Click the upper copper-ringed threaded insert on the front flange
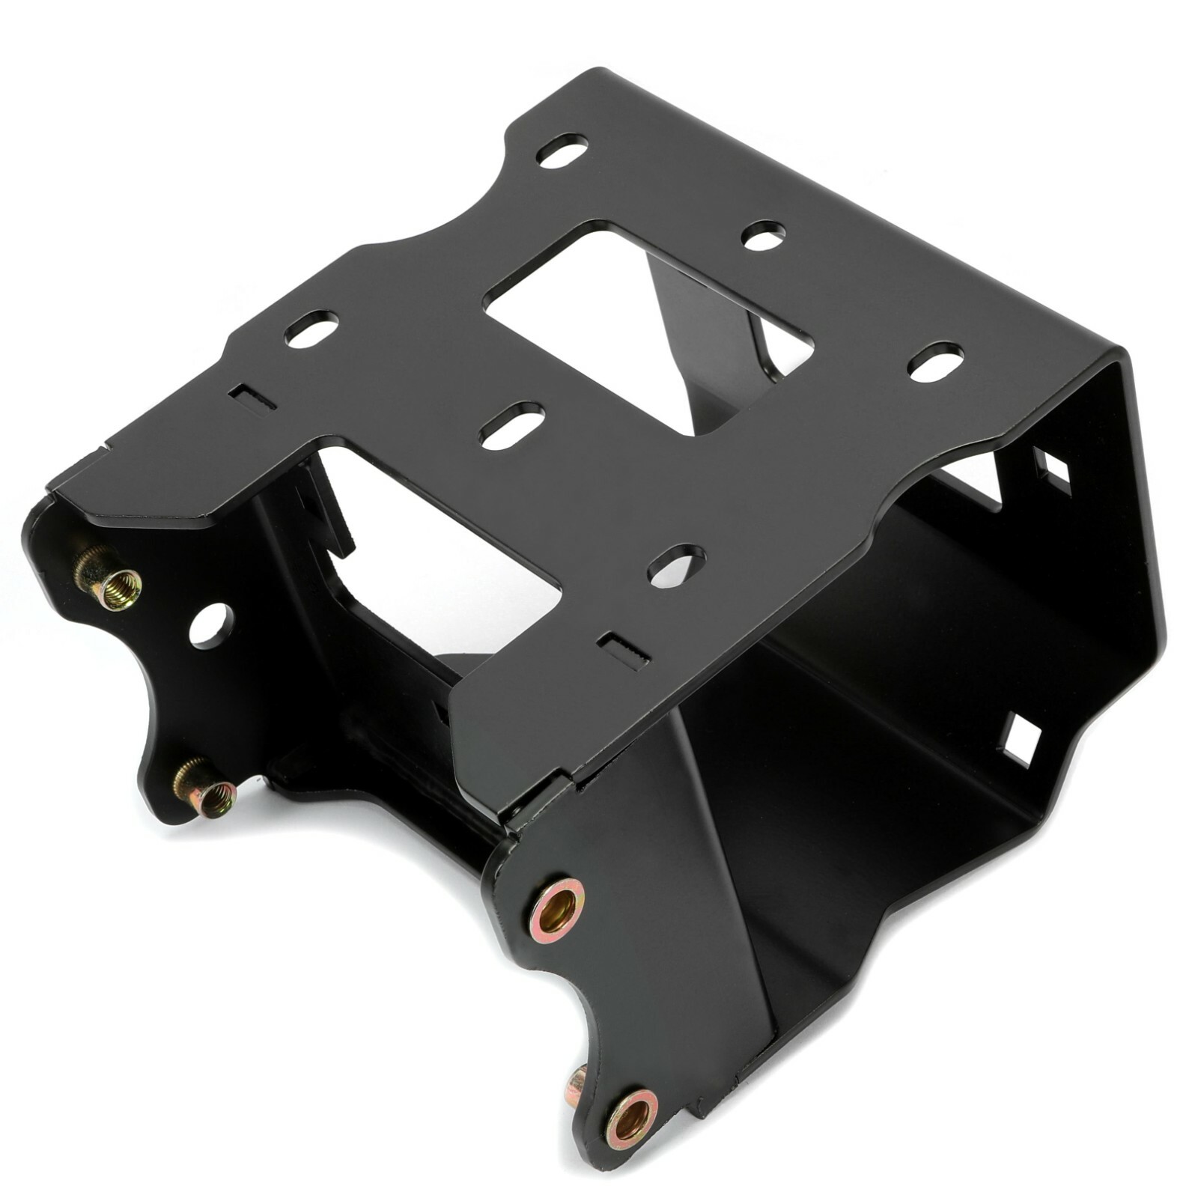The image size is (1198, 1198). tap(557, 909)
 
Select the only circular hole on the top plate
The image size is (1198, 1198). tap(763, 235)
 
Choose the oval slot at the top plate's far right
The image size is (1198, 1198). tap(936, 362)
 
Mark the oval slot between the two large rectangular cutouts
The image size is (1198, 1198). tap(512, 425)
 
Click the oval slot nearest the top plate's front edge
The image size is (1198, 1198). tap(676, 565)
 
